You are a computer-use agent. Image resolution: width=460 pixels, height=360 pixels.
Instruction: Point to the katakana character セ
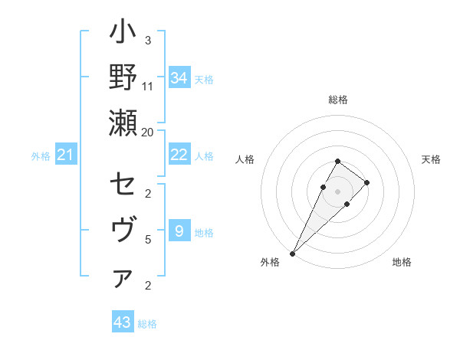tap(123, 185)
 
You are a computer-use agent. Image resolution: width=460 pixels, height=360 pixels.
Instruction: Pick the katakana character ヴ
tap(123, 230)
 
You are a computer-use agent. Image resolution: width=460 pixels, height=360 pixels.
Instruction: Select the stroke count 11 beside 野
tap(148, 86)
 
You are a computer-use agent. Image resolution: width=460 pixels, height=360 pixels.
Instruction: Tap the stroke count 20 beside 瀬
tap(148, 132)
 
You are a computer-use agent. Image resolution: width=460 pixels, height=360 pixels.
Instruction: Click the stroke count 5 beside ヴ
tap(148, 239)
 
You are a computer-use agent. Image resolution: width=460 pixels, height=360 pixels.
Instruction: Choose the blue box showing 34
tap(179, 78)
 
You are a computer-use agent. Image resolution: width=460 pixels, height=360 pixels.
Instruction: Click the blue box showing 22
tap(179, 155)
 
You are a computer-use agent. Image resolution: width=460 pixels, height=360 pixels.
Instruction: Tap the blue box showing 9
tap(179, 231)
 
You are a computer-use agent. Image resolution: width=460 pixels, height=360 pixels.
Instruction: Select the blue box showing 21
tap(66, 155)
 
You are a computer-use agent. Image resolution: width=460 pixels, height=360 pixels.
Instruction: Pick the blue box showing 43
tap(123, 322)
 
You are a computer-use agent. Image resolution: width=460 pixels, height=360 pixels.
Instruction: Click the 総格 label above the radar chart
tap(337, 100)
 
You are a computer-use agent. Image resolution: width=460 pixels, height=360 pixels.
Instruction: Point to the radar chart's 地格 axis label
tap(402, 263)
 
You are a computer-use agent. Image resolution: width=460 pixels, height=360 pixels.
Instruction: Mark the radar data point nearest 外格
tap(292, 253)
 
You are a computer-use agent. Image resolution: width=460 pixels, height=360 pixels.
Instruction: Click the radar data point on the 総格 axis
tap(337, 161)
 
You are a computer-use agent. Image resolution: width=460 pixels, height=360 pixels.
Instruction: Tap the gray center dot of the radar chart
tap(337, 191)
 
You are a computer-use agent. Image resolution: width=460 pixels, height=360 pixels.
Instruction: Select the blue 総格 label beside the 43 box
tap(147, 324)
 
